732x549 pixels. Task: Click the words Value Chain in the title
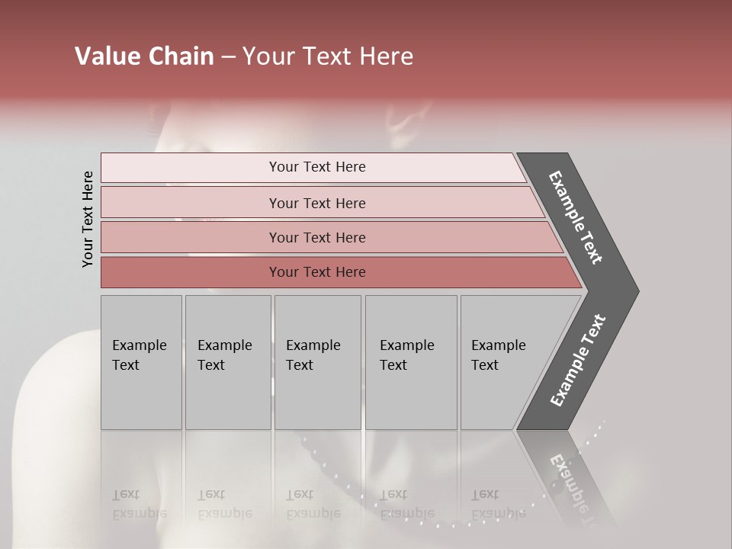tap(144, 56)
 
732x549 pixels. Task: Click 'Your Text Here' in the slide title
tap(328, 56)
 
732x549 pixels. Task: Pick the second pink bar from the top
tap(317, 203)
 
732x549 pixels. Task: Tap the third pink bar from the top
tap(317, 237)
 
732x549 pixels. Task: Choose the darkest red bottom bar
tap(317, 272)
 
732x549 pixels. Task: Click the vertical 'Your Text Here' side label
tap(88, 219)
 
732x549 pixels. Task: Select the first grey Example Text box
tap(141, 362)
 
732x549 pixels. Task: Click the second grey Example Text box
tap(227, 362)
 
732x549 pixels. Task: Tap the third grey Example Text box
tap(316, 362)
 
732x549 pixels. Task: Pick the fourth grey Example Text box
tap(410, 362)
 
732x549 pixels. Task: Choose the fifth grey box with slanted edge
tap(503, 362)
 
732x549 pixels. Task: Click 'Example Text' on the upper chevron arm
tap(576, 217)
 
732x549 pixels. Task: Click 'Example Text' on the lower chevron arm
tap(577, 360)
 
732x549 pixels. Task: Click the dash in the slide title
tap(228, 57)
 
